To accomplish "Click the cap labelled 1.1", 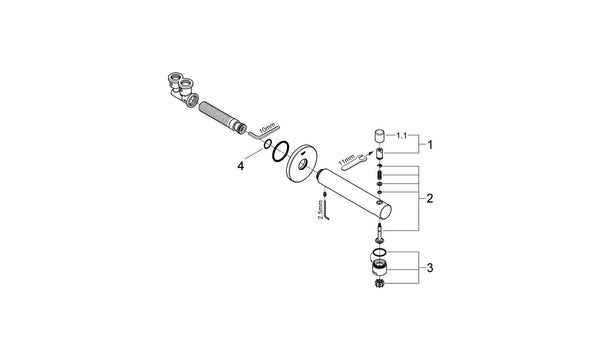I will point(380,135).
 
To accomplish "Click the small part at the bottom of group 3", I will point(380,286).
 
